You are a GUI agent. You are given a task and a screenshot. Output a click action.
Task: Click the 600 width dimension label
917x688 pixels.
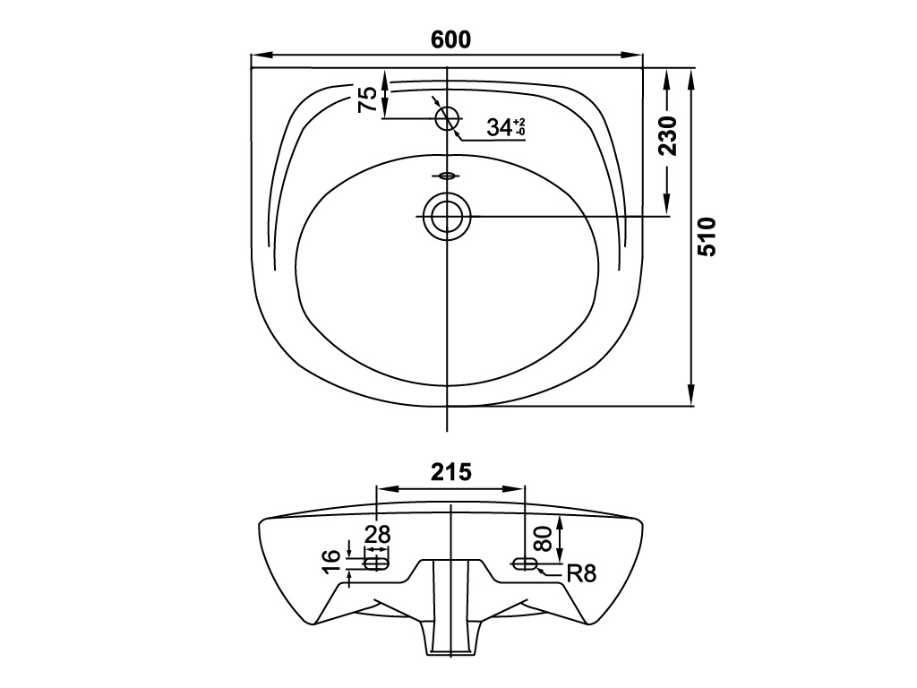click(450, 39)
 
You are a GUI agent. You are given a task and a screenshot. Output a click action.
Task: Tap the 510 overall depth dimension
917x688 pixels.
click(707, 237)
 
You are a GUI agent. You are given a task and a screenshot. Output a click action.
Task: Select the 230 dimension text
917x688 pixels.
click(667, 136)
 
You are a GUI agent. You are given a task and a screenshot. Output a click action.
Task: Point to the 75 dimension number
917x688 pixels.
click(367, 99)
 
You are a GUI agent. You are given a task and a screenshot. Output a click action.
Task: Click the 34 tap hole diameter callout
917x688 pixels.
click(498, 127)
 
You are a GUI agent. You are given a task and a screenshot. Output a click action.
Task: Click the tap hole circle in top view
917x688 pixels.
click(447, 117)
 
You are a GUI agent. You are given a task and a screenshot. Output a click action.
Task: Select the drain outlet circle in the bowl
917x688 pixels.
click(446, 215)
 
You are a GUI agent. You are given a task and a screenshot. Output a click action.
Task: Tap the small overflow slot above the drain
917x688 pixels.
click(446, 176)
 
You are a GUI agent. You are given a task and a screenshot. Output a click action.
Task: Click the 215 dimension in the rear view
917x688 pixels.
click(450, 472)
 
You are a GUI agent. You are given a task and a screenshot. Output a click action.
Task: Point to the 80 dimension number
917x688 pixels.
click(543, 537)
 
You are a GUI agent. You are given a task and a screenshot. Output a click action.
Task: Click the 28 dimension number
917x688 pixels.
click(377, 535)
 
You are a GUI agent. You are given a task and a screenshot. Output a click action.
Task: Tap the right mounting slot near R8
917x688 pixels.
click(524, 563)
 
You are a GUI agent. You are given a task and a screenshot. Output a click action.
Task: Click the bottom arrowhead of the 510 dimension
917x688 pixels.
click(691, 398)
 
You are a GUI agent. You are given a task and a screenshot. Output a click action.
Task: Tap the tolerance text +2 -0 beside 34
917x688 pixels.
click(519, 127)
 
